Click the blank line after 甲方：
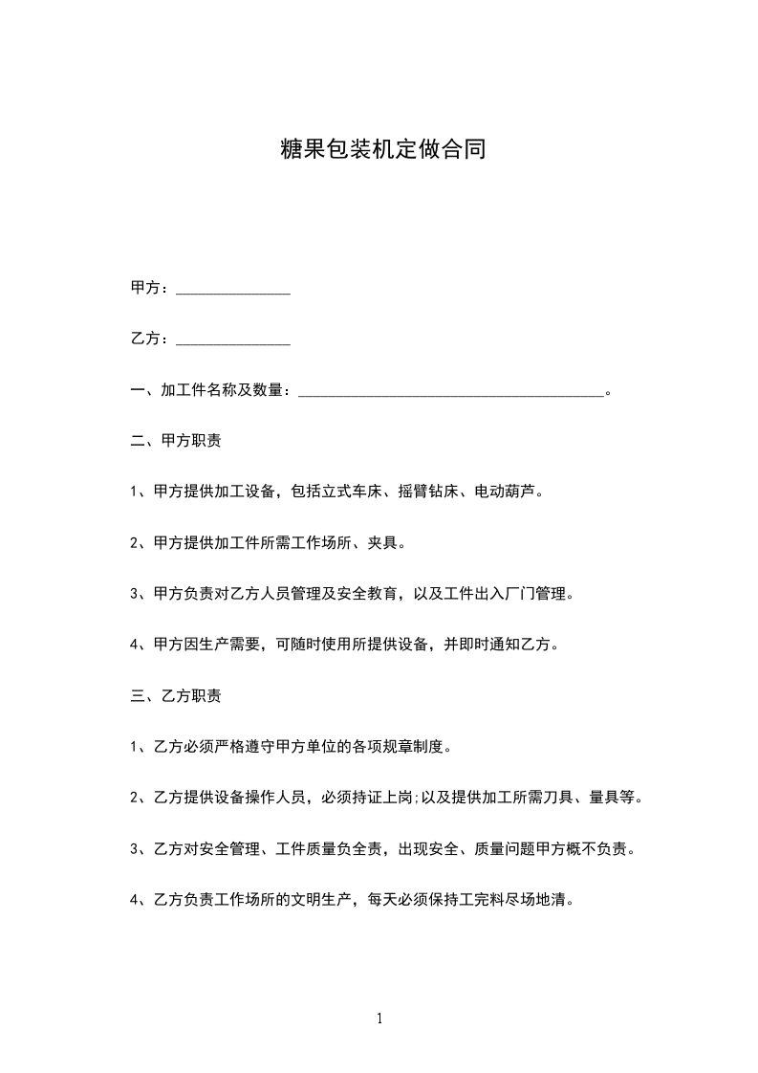(233, 290)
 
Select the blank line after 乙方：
(233, 340)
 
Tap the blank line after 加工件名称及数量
(451, 391)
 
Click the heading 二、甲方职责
(176, 442)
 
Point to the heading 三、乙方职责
(176, 696)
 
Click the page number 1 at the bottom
(379, 1019)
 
